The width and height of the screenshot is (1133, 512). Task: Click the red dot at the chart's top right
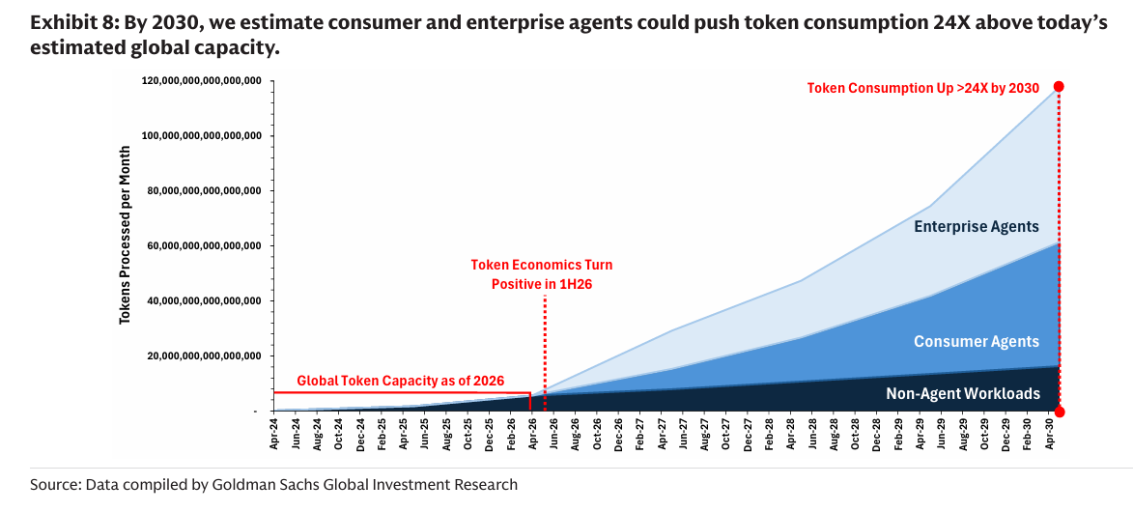(x=1059, y=87)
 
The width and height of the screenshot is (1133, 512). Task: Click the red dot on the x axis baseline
(x=1060, y=412)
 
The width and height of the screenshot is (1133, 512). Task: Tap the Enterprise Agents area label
(x=977, y=227)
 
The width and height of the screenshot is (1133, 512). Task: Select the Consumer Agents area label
(x=977, y=341)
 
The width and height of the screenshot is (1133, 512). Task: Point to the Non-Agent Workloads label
(x=963, y=394)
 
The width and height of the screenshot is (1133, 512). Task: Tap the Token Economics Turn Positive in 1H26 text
(x=542, y=274)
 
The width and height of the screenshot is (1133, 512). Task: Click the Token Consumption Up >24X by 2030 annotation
(x=922, y=89)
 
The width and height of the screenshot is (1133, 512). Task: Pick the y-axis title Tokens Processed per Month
(x=125, y=235)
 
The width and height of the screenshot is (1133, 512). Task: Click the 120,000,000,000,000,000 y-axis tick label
(x=202, y=80)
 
